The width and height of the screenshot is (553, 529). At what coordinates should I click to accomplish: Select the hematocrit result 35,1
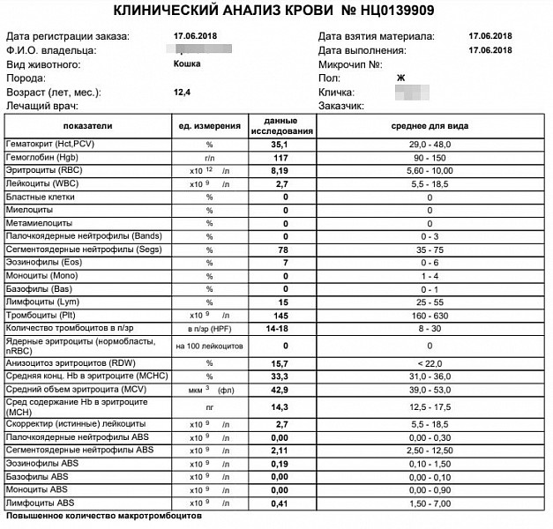(x=280, y=143)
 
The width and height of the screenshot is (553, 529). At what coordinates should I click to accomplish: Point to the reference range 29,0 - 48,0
(x=430, y=143)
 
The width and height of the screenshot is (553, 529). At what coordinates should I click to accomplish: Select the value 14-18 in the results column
(x=280, y=329)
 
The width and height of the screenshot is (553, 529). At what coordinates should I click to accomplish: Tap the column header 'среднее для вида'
(x=430, y=125)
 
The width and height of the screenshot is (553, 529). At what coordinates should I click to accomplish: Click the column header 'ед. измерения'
(x=210, y=126)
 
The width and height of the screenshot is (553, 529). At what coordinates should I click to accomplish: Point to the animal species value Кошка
(x=187, y=64)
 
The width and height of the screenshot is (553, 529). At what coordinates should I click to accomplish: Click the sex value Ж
(x=401, y=78)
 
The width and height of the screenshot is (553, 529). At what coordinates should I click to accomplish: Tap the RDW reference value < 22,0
(x=430, y=362)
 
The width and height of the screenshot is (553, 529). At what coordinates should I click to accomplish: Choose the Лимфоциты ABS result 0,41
(x=280, y=503)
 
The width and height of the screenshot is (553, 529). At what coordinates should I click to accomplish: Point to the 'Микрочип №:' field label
(x=350, y=64)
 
